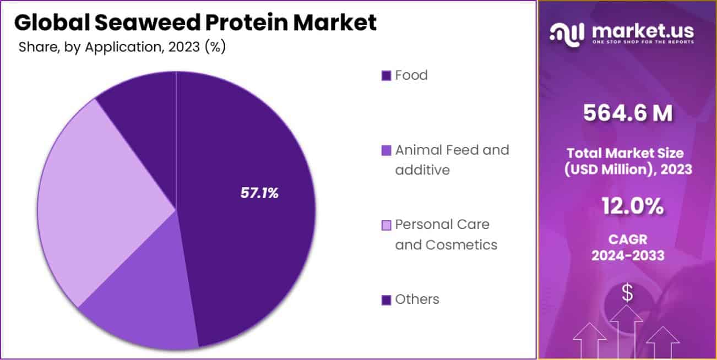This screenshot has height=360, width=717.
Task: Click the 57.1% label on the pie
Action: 259,193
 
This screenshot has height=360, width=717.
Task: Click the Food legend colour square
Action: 386,75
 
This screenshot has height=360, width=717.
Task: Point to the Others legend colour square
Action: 386,300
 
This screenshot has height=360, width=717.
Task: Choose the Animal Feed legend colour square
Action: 386,150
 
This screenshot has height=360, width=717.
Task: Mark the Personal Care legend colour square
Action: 386,225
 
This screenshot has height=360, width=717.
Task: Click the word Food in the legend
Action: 411,75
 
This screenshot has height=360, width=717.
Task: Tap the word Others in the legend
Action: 417,299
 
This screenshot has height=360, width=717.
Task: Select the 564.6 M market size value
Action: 628,113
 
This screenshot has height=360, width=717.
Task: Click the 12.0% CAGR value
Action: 628,207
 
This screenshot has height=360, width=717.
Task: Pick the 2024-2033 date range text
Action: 628,256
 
